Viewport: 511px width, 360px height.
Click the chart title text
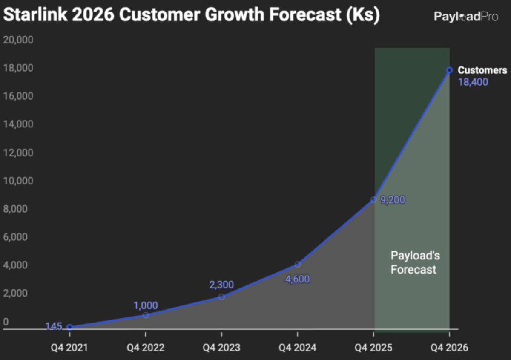[x=191, y=16]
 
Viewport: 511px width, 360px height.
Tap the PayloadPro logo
[x=466, y=17]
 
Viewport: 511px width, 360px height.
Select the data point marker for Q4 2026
[x=449, y=70]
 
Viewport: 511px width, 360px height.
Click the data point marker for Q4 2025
[x=373, y=199]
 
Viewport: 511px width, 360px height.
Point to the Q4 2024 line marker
[x=297, y=265]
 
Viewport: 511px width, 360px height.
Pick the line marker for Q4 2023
[x=221, y=297]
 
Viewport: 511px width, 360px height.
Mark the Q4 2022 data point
[x=146, y=315]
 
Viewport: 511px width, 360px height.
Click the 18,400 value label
[x=473, y=82]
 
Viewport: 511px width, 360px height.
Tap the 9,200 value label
[x=392, y=200]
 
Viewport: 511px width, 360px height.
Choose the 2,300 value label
[x=221, y=285]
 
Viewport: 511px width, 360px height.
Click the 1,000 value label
[x=146, y=305]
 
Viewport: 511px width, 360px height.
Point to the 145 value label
[x=54, y=327]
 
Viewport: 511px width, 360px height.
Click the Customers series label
[x=482, y=70]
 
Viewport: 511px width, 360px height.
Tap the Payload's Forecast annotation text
[x=413, y=262]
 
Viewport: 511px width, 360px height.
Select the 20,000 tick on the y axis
[x=18, y=40]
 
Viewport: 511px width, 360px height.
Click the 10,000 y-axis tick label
[x=18, y=181]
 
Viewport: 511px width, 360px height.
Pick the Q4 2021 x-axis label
[x=69, y=348]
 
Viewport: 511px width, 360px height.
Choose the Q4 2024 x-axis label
[x=297, y=348]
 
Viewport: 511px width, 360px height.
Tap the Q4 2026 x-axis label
[x=449, y=348]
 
